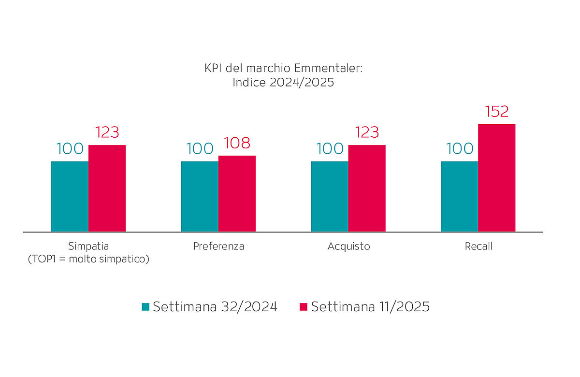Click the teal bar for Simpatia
[70, 196]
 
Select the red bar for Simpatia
[107, 188]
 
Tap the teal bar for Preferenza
[200, 196]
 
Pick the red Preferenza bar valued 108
[237, 193]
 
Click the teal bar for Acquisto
[329, 196]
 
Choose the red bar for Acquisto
[367, 188]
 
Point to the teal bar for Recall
[459, 196]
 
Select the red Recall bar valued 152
[496, 177]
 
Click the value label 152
[496, 112]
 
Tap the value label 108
[237, 144]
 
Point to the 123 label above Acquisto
[367, 132]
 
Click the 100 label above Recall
[460, 149]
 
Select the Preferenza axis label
[218, 246]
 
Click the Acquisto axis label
[348, 246]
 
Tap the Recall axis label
[478, 246]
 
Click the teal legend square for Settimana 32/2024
[145, 307]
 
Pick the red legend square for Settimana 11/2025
[304, 307]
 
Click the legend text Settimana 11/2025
[370, 307]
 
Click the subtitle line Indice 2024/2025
[283, 82]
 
